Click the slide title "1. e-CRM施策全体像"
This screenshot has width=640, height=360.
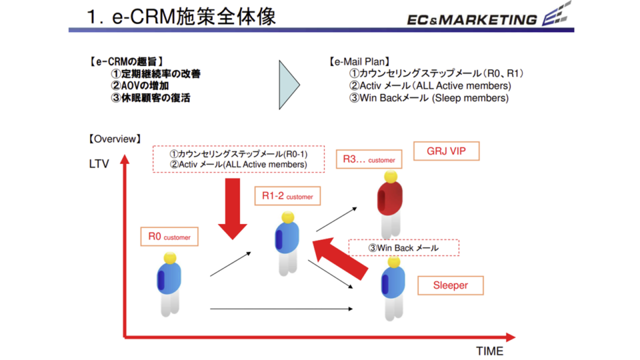181,17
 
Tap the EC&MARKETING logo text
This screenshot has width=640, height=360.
472,19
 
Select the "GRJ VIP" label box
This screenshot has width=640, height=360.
446,151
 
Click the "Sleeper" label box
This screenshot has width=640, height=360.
450,285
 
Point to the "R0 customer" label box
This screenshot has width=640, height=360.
169,237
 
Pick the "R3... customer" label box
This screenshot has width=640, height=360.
369,160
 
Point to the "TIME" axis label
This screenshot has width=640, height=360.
489,351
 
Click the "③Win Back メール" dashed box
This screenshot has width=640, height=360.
404,248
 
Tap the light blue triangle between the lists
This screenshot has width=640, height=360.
288,85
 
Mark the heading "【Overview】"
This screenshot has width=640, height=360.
114,139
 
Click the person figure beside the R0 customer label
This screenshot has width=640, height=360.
169,283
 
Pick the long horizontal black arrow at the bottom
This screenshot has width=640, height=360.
281,309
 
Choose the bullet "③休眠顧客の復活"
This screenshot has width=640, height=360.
150,98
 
